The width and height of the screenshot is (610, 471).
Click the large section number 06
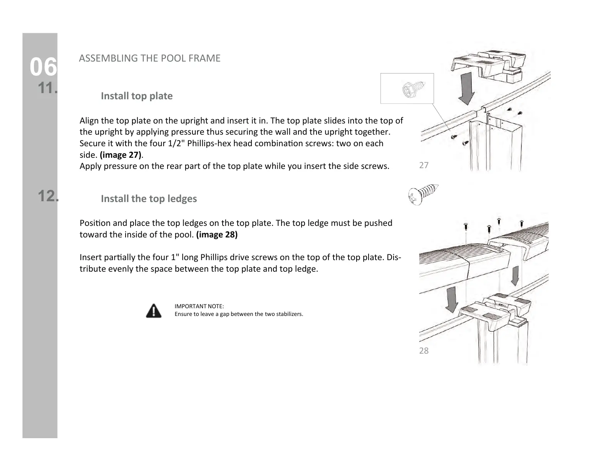[x=44, y=68]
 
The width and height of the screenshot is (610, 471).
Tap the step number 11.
[x=48, y=89]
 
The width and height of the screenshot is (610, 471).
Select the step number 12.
[x=48, y=196]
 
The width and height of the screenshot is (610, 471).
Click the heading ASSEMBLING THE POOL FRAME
[x=149, y=58]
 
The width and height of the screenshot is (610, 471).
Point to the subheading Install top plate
[x=136, y=96]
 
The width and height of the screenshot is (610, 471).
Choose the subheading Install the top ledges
[x=149, y=199]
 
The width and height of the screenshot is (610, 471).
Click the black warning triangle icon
[x=154, y=311]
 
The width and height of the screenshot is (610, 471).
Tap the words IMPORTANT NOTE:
[x=199, y=306]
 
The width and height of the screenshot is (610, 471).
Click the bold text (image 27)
[x=121, y=155]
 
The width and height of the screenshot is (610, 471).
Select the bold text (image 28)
[x=217, y=234]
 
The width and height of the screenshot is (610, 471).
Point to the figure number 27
[x=424, y=165]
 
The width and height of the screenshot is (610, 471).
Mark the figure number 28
[x=424, y=351]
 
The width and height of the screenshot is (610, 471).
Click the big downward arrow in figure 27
[x=467, y=88]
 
